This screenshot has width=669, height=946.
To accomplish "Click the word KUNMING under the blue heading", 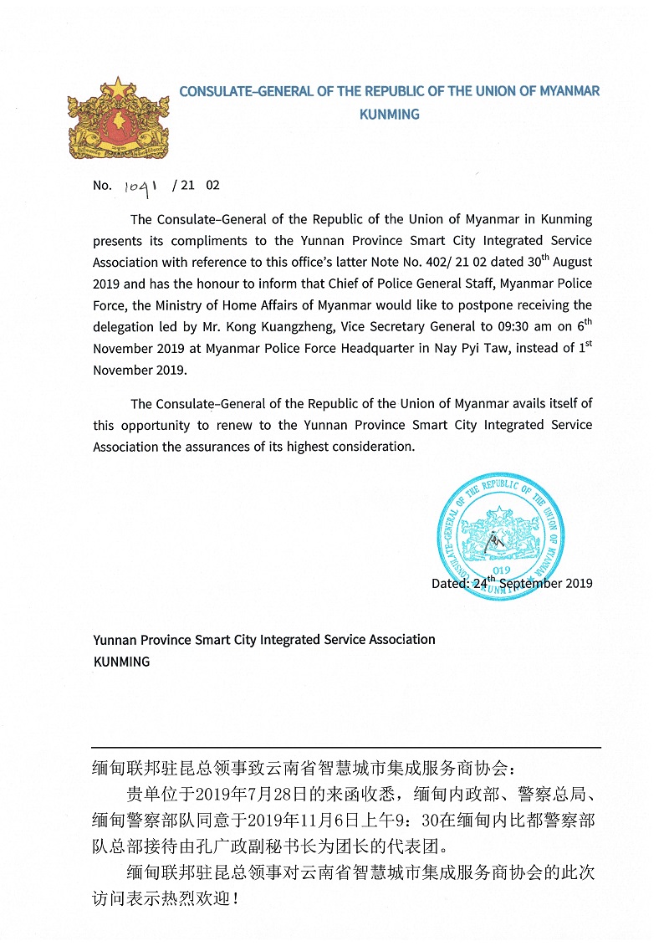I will pos(389,115).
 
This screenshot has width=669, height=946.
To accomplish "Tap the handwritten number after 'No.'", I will pos(140,187).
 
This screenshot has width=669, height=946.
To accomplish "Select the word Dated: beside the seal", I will pos(450,584).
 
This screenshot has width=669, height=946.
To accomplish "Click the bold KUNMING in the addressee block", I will pos(121,662).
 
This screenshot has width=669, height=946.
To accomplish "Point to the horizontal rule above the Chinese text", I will pos(346,747).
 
